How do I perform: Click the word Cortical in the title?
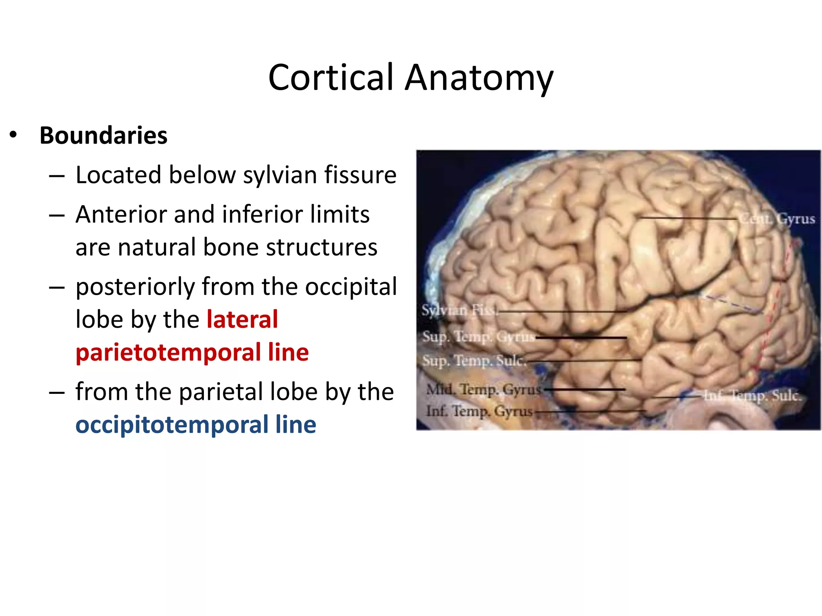click(331, 77)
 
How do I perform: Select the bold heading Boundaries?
click(104, 136)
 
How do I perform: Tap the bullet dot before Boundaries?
click(13, 135)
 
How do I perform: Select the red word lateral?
click(242, 320)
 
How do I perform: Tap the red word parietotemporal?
click(168, 353)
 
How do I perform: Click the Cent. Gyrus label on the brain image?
click(777, 219)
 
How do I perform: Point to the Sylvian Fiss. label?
click(459, 310)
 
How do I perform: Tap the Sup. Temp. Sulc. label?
click(474, 361)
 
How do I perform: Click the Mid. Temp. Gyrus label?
click(483, 389)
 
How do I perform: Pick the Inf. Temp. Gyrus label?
click(479, 411)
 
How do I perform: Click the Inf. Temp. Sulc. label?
click(752, 396)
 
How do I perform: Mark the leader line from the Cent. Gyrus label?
click(688, 218)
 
